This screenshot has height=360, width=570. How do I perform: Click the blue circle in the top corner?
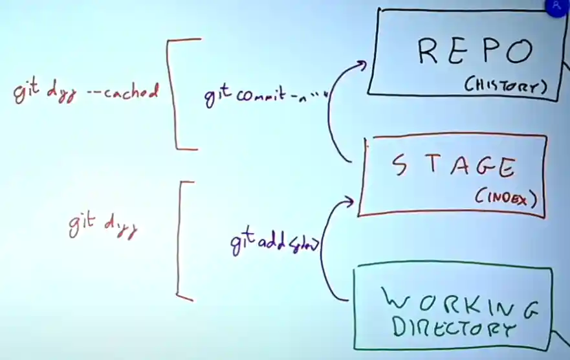point(558,6)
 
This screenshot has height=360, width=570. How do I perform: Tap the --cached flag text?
point(122,93)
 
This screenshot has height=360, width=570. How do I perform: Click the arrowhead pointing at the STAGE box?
point(350,202)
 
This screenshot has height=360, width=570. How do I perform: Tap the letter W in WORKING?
point(396,301)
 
